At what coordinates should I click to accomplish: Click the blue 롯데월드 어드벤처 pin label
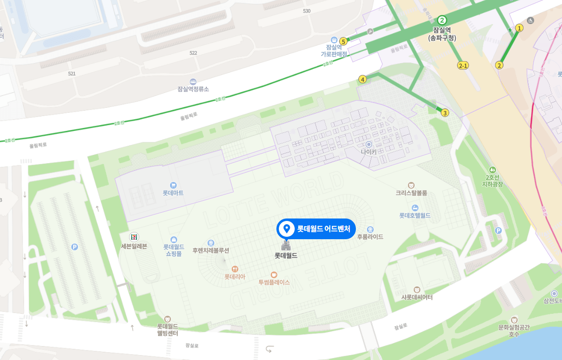pos(316,229)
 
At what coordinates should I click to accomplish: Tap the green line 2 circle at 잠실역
pos(442,20)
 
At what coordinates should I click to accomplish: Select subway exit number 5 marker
pos(343,41)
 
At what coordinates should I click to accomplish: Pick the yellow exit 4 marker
pos(362,79)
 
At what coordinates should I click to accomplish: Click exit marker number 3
pos(445,113)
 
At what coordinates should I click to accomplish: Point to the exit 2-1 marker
pos(463,65)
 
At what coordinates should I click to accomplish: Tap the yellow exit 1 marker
pos(519,28)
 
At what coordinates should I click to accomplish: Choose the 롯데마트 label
pos(173,193)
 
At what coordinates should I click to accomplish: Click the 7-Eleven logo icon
pos(133,236)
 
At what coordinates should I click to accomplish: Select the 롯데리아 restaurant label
pos(235,277)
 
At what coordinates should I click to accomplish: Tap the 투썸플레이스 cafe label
pos(274,282)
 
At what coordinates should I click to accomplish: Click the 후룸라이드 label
pos(370,236)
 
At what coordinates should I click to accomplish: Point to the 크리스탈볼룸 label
pos(411,193)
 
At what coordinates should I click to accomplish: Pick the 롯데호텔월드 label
pos(415,215)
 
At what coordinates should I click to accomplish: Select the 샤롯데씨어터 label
pos(417,297)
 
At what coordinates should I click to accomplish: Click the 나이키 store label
pos(368,151)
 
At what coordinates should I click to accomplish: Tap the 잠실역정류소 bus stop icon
pos(193,82)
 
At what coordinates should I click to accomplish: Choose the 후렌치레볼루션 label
pos(210,250)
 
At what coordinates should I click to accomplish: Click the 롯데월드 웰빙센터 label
pos(168,329)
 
